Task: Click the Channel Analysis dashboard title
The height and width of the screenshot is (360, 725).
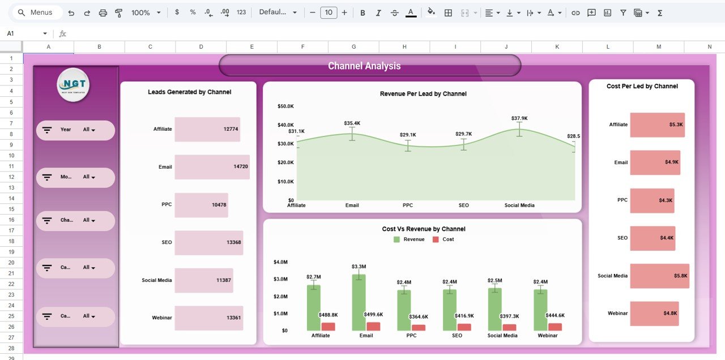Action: point(364,66)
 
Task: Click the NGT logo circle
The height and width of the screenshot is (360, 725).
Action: point(73,85)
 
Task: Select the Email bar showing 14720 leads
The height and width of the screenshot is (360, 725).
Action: point(212,167)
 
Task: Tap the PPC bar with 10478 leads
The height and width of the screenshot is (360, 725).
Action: point(201,205)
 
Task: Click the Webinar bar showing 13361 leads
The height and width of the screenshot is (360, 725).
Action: point(208,318)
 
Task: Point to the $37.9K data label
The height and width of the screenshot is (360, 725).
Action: point(519,118)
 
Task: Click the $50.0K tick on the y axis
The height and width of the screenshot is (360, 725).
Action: point(285,106)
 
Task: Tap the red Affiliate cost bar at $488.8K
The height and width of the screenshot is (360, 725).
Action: point(328,327)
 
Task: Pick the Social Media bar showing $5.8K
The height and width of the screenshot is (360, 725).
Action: point(659,276)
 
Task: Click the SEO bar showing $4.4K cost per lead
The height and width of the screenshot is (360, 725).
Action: point(652,238)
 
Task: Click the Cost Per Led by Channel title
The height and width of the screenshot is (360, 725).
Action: point(642,87)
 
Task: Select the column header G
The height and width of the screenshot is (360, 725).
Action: point(353,47)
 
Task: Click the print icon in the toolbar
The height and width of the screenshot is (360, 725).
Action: point(103,12)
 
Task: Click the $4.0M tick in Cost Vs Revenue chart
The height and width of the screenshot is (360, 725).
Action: point(280,262)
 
